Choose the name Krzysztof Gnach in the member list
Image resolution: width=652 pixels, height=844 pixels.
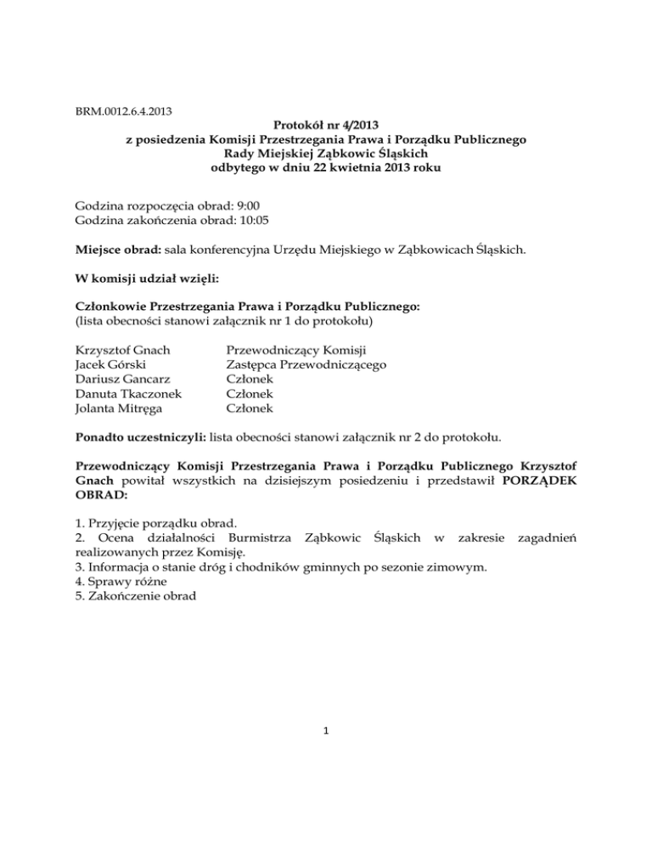[x=122, y=350]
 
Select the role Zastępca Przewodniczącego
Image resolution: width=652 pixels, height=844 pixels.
[x=306, y=365]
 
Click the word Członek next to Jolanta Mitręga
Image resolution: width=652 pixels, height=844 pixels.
[x=250, y=409]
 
